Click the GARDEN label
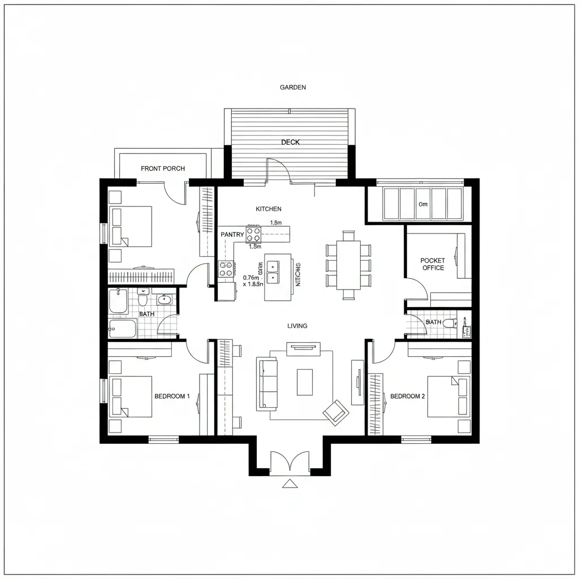[293, 88]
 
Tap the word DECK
[291, 142]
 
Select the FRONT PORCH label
[163, 168]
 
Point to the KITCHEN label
[269, 209]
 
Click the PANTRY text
[232, 235]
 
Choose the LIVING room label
[297, 326]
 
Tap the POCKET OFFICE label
[433, 264]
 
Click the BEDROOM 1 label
[172, 396]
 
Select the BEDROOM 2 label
[408, 396]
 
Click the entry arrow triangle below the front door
[289, 483]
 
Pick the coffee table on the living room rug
[305, 382]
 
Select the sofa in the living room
[267, 383]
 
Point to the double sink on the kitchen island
[274, 271]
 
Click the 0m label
[422, 204]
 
